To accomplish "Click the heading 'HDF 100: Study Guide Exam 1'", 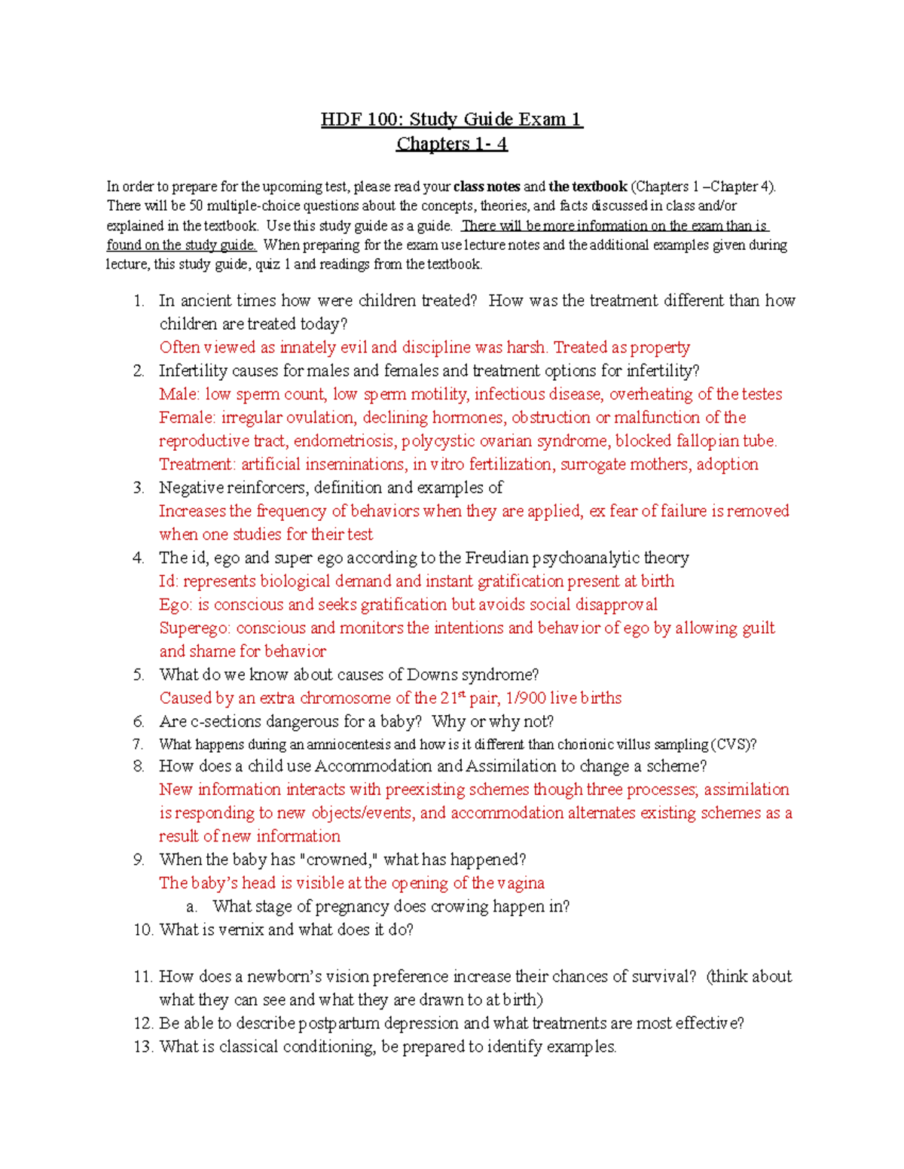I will point(451,119).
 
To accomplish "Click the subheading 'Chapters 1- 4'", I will point(451,144).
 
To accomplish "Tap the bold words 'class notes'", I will point(486,187).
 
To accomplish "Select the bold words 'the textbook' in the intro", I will point(588,187).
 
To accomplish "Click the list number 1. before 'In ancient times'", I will point(139,301).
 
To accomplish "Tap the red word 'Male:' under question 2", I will point(179,394).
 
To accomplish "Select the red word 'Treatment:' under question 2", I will point(197,464).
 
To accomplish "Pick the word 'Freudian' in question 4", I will point(496,558).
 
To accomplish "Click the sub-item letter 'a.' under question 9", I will point(191,906).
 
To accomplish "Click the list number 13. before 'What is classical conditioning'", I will point(143,1046).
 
